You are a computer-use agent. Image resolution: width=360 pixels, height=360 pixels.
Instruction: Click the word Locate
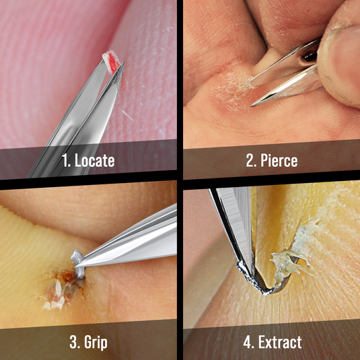pos(95,160)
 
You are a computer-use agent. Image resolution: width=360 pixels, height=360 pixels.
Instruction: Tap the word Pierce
pos(279,160)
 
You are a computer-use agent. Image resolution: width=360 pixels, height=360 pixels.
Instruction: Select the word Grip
pos(96,343)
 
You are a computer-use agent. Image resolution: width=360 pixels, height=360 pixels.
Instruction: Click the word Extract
pos(280,342)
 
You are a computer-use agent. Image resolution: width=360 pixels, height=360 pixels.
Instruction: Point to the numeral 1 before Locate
pos(66,160)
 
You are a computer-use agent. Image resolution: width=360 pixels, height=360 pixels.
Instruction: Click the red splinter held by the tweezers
pos(112,61)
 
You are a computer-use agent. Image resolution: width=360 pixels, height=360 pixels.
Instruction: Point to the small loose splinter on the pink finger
pos(128,116)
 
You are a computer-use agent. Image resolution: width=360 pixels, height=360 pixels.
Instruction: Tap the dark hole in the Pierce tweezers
pos(310,56)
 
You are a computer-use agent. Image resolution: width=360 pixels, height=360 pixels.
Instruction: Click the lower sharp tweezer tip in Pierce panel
pos(252,106)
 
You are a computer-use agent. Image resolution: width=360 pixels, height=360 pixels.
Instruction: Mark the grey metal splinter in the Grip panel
pos(78,264)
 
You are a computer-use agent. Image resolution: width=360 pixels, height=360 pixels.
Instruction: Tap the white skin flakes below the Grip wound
pos(55,299)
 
